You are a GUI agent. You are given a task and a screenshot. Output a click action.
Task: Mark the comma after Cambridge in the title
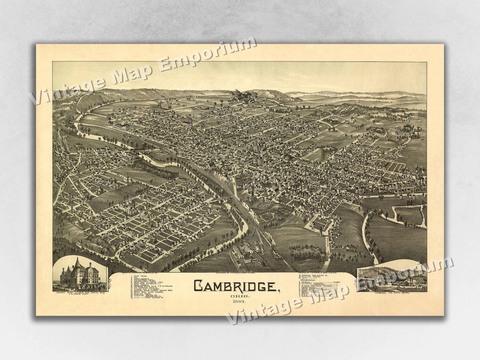tap(279, 290)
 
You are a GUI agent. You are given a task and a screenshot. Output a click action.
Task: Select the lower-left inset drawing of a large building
tap(80, 273)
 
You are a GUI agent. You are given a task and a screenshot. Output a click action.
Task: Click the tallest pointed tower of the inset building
tap(77, 263)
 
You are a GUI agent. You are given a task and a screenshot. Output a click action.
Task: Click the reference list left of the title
tap(151, 288)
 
